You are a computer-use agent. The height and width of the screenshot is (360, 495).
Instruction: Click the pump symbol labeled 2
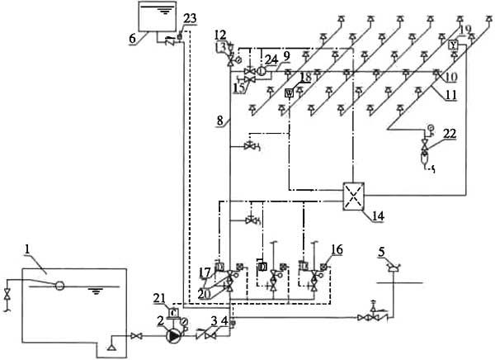[173, 336]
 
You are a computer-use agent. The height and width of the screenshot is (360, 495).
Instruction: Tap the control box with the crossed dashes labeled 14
[353, 196]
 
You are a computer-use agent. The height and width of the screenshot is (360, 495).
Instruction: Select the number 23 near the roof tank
[190, 18]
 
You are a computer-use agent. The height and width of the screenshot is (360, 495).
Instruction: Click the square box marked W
[290, 93]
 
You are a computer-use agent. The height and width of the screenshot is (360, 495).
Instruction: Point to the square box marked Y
[453, 45]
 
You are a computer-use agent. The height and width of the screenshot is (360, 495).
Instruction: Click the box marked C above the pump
[173, 312]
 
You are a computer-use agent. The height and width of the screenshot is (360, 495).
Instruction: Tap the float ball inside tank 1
[59, 286]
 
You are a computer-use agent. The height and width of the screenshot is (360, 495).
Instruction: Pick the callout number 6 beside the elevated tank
[133, 39]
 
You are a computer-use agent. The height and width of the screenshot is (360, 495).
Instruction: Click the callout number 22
[450, 134]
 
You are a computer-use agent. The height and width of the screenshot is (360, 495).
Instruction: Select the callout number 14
[378, 216]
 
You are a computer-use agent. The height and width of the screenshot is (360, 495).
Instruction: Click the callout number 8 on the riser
[219, 121]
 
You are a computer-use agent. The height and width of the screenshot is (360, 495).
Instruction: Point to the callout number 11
[451, 94]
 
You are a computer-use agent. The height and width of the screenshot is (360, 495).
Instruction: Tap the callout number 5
[382, 252]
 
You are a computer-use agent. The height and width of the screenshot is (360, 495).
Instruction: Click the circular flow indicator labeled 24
[261, 71]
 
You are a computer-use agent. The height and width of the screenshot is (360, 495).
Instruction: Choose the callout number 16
[337, 249]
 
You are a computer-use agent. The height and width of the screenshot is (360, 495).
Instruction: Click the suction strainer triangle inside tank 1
[111, 347]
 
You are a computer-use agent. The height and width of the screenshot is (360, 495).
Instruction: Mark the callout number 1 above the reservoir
[27, 249]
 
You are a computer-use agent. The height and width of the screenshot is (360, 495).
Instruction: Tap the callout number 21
[159, 298]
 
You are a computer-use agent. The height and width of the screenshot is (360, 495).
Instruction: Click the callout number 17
[205, 272]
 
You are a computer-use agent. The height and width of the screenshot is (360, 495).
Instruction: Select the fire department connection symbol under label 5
[393, 268]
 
